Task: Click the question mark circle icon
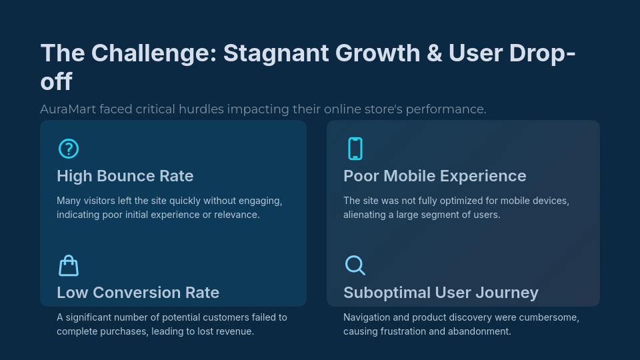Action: (69, 149)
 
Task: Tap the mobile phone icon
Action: (355, 149)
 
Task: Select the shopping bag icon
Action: (69, 265)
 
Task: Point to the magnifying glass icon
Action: (355, 265)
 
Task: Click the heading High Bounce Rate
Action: (125, 176)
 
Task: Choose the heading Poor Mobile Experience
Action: (435, 176)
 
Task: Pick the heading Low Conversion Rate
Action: (138, 293)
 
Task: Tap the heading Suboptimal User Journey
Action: (441, 293)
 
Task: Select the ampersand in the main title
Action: (435, 53)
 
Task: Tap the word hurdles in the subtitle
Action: (202, 109)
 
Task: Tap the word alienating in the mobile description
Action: (366, 215)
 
